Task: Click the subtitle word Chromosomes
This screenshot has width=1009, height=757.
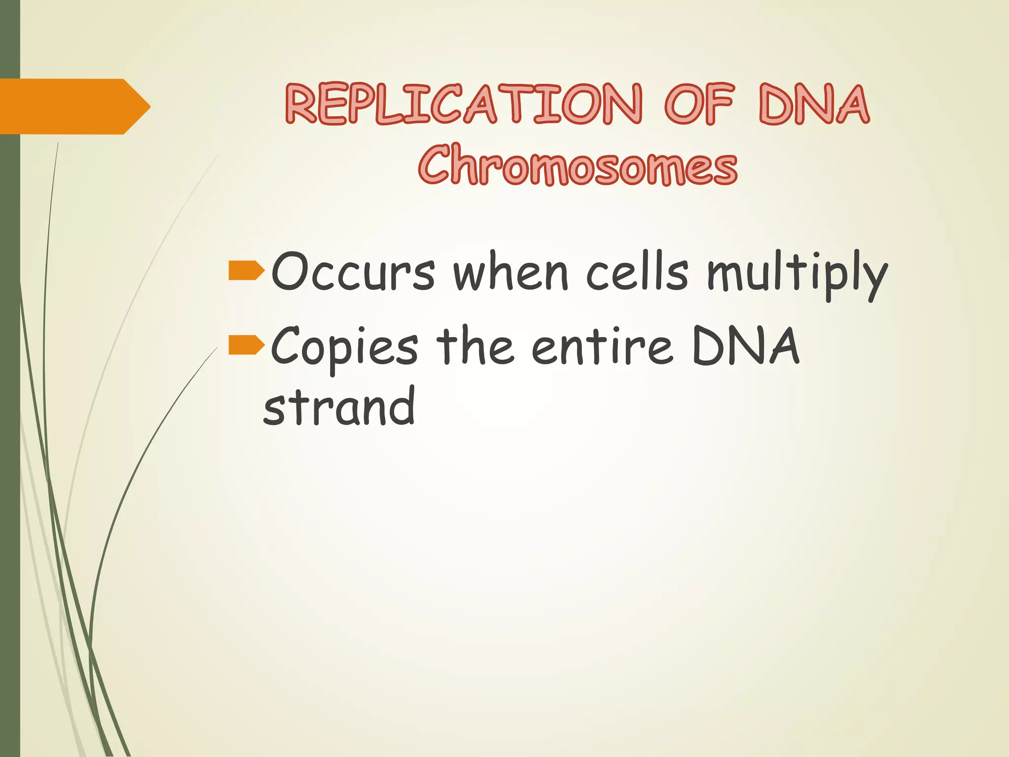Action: tap(578, 165)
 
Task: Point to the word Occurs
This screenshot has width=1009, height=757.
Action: tap(353, 272)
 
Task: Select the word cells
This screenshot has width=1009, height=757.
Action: tap(637, 272)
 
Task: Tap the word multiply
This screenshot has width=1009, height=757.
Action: tap(797, 274)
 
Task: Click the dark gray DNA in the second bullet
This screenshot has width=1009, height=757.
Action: tap(745, 346)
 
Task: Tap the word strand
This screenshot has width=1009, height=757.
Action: tap(339, 407)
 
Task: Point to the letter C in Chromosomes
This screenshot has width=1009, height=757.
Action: tap(436, 165)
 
